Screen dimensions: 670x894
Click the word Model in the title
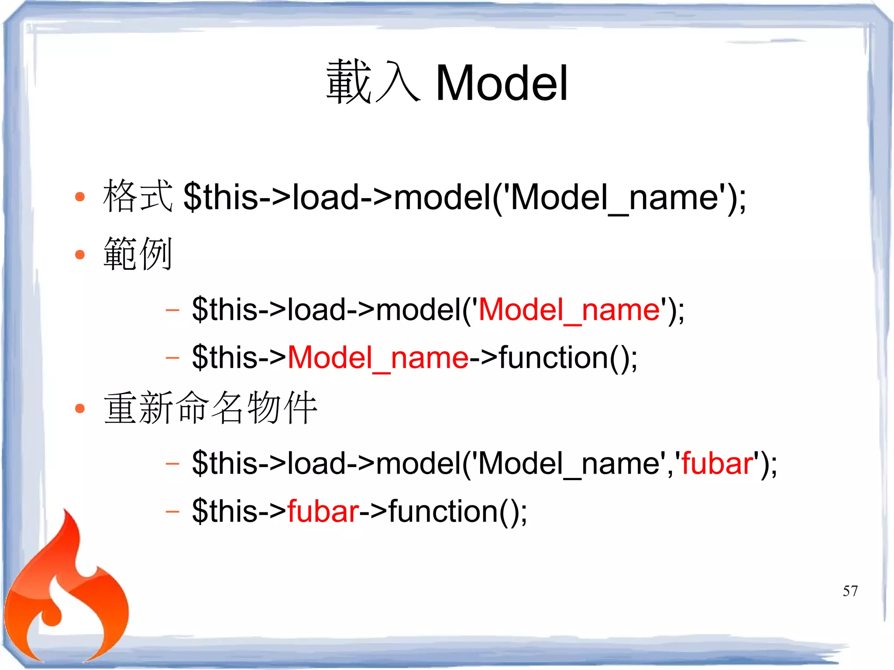pyautogui.click(x=502, y=83)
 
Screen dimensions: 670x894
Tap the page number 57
pyautogui.click(x=850, y=591)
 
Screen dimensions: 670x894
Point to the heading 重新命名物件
pyautogui.click(x=210, y=408)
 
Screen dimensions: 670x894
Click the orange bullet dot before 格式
pyautogui.click(x=80, y=197)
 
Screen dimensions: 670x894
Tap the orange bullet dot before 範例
pyautogui.click(x=80, y=254)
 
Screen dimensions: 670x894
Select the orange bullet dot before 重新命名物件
pyautogui.click(x=80, y=409)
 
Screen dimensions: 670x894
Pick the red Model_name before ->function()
pyautogui.click(x=378, y=358)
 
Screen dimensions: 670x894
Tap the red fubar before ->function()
pyautogui.click(x=323, y=512)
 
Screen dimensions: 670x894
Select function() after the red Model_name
pyautogui.click(x=563, y=358)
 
